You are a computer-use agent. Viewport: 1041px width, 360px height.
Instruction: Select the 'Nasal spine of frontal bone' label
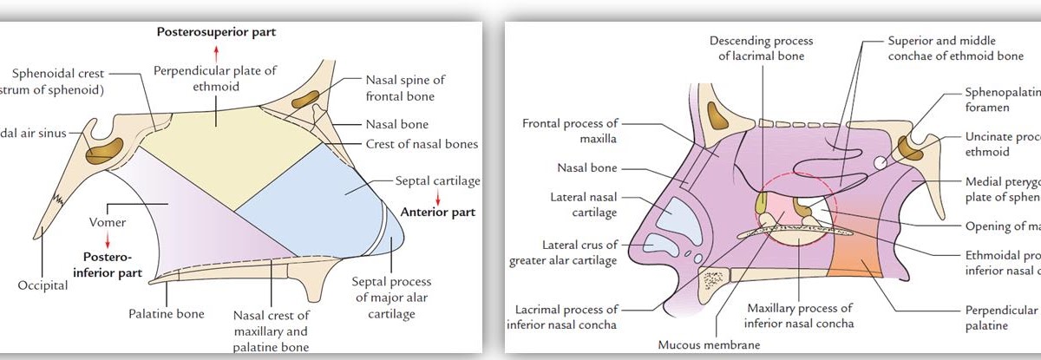coord(399,88)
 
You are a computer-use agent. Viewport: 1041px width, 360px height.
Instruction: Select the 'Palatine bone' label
coord(178,313)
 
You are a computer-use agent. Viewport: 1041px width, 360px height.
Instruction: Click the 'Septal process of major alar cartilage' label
coord(391,298)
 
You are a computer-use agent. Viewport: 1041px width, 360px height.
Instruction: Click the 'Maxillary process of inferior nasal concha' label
coord(799,316)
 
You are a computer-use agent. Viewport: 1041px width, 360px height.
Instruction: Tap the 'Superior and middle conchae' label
coord(942,49)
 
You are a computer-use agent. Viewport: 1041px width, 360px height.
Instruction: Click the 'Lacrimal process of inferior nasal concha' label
coord(564,316)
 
